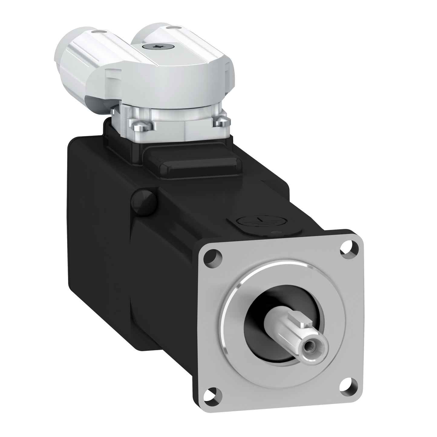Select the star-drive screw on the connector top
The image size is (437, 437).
tap(151, 46)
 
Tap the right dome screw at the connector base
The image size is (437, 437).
tap(220, 121)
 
